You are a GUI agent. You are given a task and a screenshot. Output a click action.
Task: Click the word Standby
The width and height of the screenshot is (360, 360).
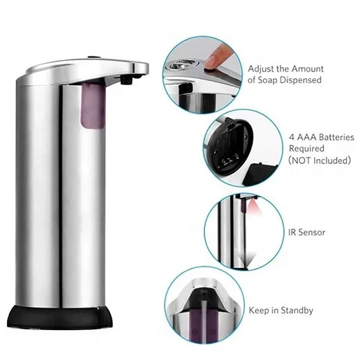295,310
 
